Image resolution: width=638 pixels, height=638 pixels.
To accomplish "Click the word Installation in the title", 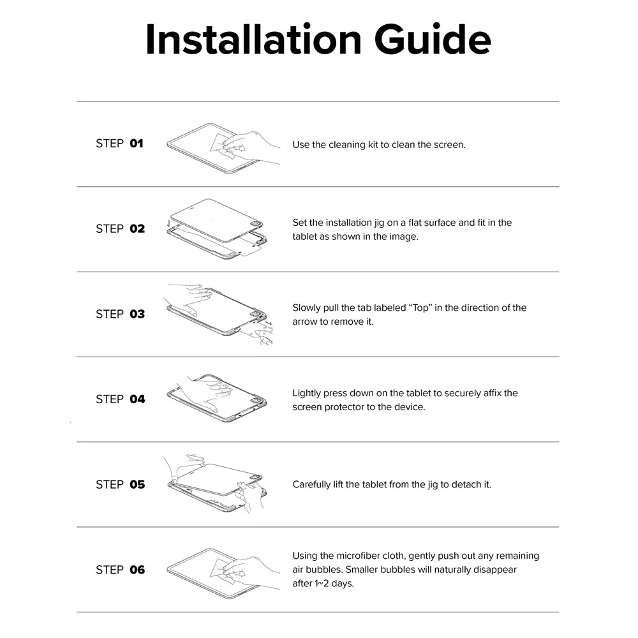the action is coord(253,39).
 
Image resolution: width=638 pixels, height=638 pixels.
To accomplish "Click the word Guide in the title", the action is coord(433,39).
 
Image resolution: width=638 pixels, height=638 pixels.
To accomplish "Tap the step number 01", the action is coord(137,144).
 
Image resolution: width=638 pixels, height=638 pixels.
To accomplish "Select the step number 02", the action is coord(137,228).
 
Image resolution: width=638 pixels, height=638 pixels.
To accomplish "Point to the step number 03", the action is coord(137,314).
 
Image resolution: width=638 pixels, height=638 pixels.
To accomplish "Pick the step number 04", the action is coord(137,399).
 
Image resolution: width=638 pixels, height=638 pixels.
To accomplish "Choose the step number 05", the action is coord(137,485).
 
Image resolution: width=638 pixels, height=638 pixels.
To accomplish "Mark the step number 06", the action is coord(137,570).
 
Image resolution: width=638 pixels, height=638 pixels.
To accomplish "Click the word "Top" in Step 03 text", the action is coord(420,308).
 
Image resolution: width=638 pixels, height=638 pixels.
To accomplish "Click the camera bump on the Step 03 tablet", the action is coord(257,315).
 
